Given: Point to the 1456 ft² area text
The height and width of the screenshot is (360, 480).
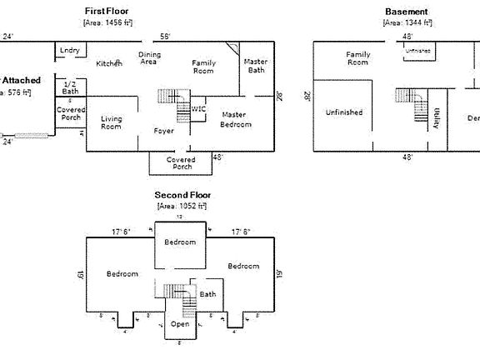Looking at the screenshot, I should click(107, 22).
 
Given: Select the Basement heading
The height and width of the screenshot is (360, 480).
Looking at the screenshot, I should click(407, 12).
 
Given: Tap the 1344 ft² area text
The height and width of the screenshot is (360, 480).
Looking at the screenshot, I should click(407, 22).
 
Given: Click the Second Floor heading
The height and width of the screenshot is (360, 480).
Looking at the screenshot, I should click(182, 195).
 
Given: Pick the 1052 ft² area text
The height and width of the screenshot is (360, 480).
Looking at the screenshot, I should click(182, 205).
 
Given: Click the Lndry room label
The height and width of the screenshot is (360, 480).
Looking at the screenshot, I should click(70, 51).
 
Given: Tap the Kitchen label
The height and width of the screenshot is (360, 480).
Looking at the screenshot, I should click(109, 63).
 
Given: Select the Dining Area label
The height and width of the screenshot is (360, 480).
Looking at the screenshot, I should click(149, 57).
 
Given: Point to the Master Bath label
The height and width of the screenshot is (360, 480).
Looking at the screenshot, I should click(255, 67).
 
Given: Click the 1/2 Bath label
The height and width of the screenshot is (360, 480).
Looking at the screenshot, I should click(70, 87).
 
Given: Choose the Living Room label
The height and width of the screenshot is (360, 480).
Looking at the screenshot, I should click(111, 123).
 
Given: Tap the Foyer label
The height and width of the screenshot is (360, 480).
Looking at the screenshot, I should click(163, 131).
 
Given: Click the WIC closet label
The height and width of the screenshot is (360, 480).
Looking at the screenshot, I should click(198, 108).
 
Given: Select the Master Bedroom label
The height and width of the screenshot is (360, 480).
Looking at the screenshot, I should click(235, 119).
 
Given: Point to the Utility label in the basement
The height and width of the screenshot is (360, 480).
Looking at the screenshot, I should click(437, 119).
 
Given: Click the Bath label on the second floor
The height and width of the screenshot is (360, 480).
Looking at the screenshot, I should click(207, 294).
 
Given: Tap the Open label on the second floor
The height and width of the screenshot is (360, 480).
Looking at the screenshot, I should click(180, 324).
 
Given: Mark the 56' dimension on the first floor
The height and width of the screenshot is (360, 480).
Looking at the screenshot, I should click(165, 37).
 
